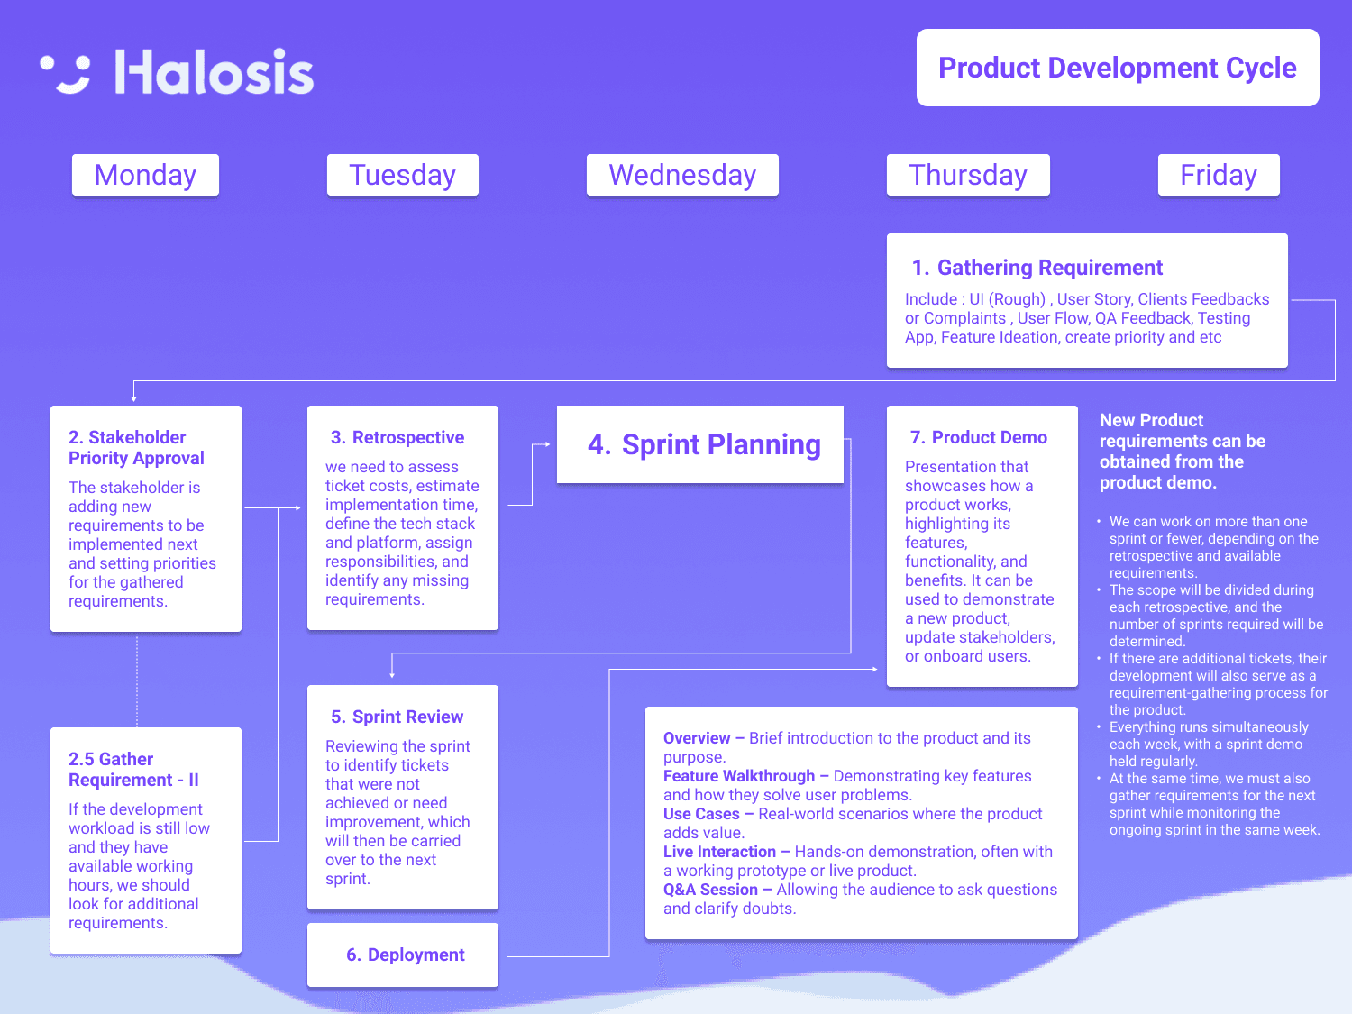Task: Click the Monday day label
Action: [x=145, y=175]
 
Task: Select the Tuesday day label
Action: [x=402, y=175]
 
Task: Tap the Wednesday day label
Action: [x=682, y=175]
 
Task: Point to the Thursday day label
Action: [x=968, y=175]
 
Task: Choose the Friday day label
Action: [x=1218, y=175]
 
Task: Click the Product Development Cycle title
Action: [x=1118, y=68]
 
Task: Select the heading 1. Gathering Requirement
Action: [x=1037, y=268]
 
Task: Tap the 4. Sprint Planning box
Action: [x=700, y=444]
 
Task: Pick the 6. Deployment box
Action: [x=403, y=955]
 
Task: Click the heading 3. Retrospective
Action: [x=397, y=437]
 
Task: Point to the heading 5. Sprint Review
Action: [x=397, y=717]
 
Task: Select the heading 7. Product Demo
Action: [x=978, y=437]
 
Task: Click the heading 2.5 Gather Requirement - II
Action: [x=133, y=770]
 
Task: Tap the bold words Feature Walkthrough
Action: [x=739, y=776]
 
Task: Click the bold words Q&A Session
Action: [x=710, y=890]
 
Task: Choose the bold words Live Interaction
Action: [x=719, y=852]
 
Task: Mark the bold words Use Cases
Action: [x=701, y=814]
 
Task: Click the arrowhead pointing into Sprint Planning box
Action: [x=547, y=444]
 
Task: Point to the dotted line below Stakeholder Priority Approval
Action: [x=137, y=680]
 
